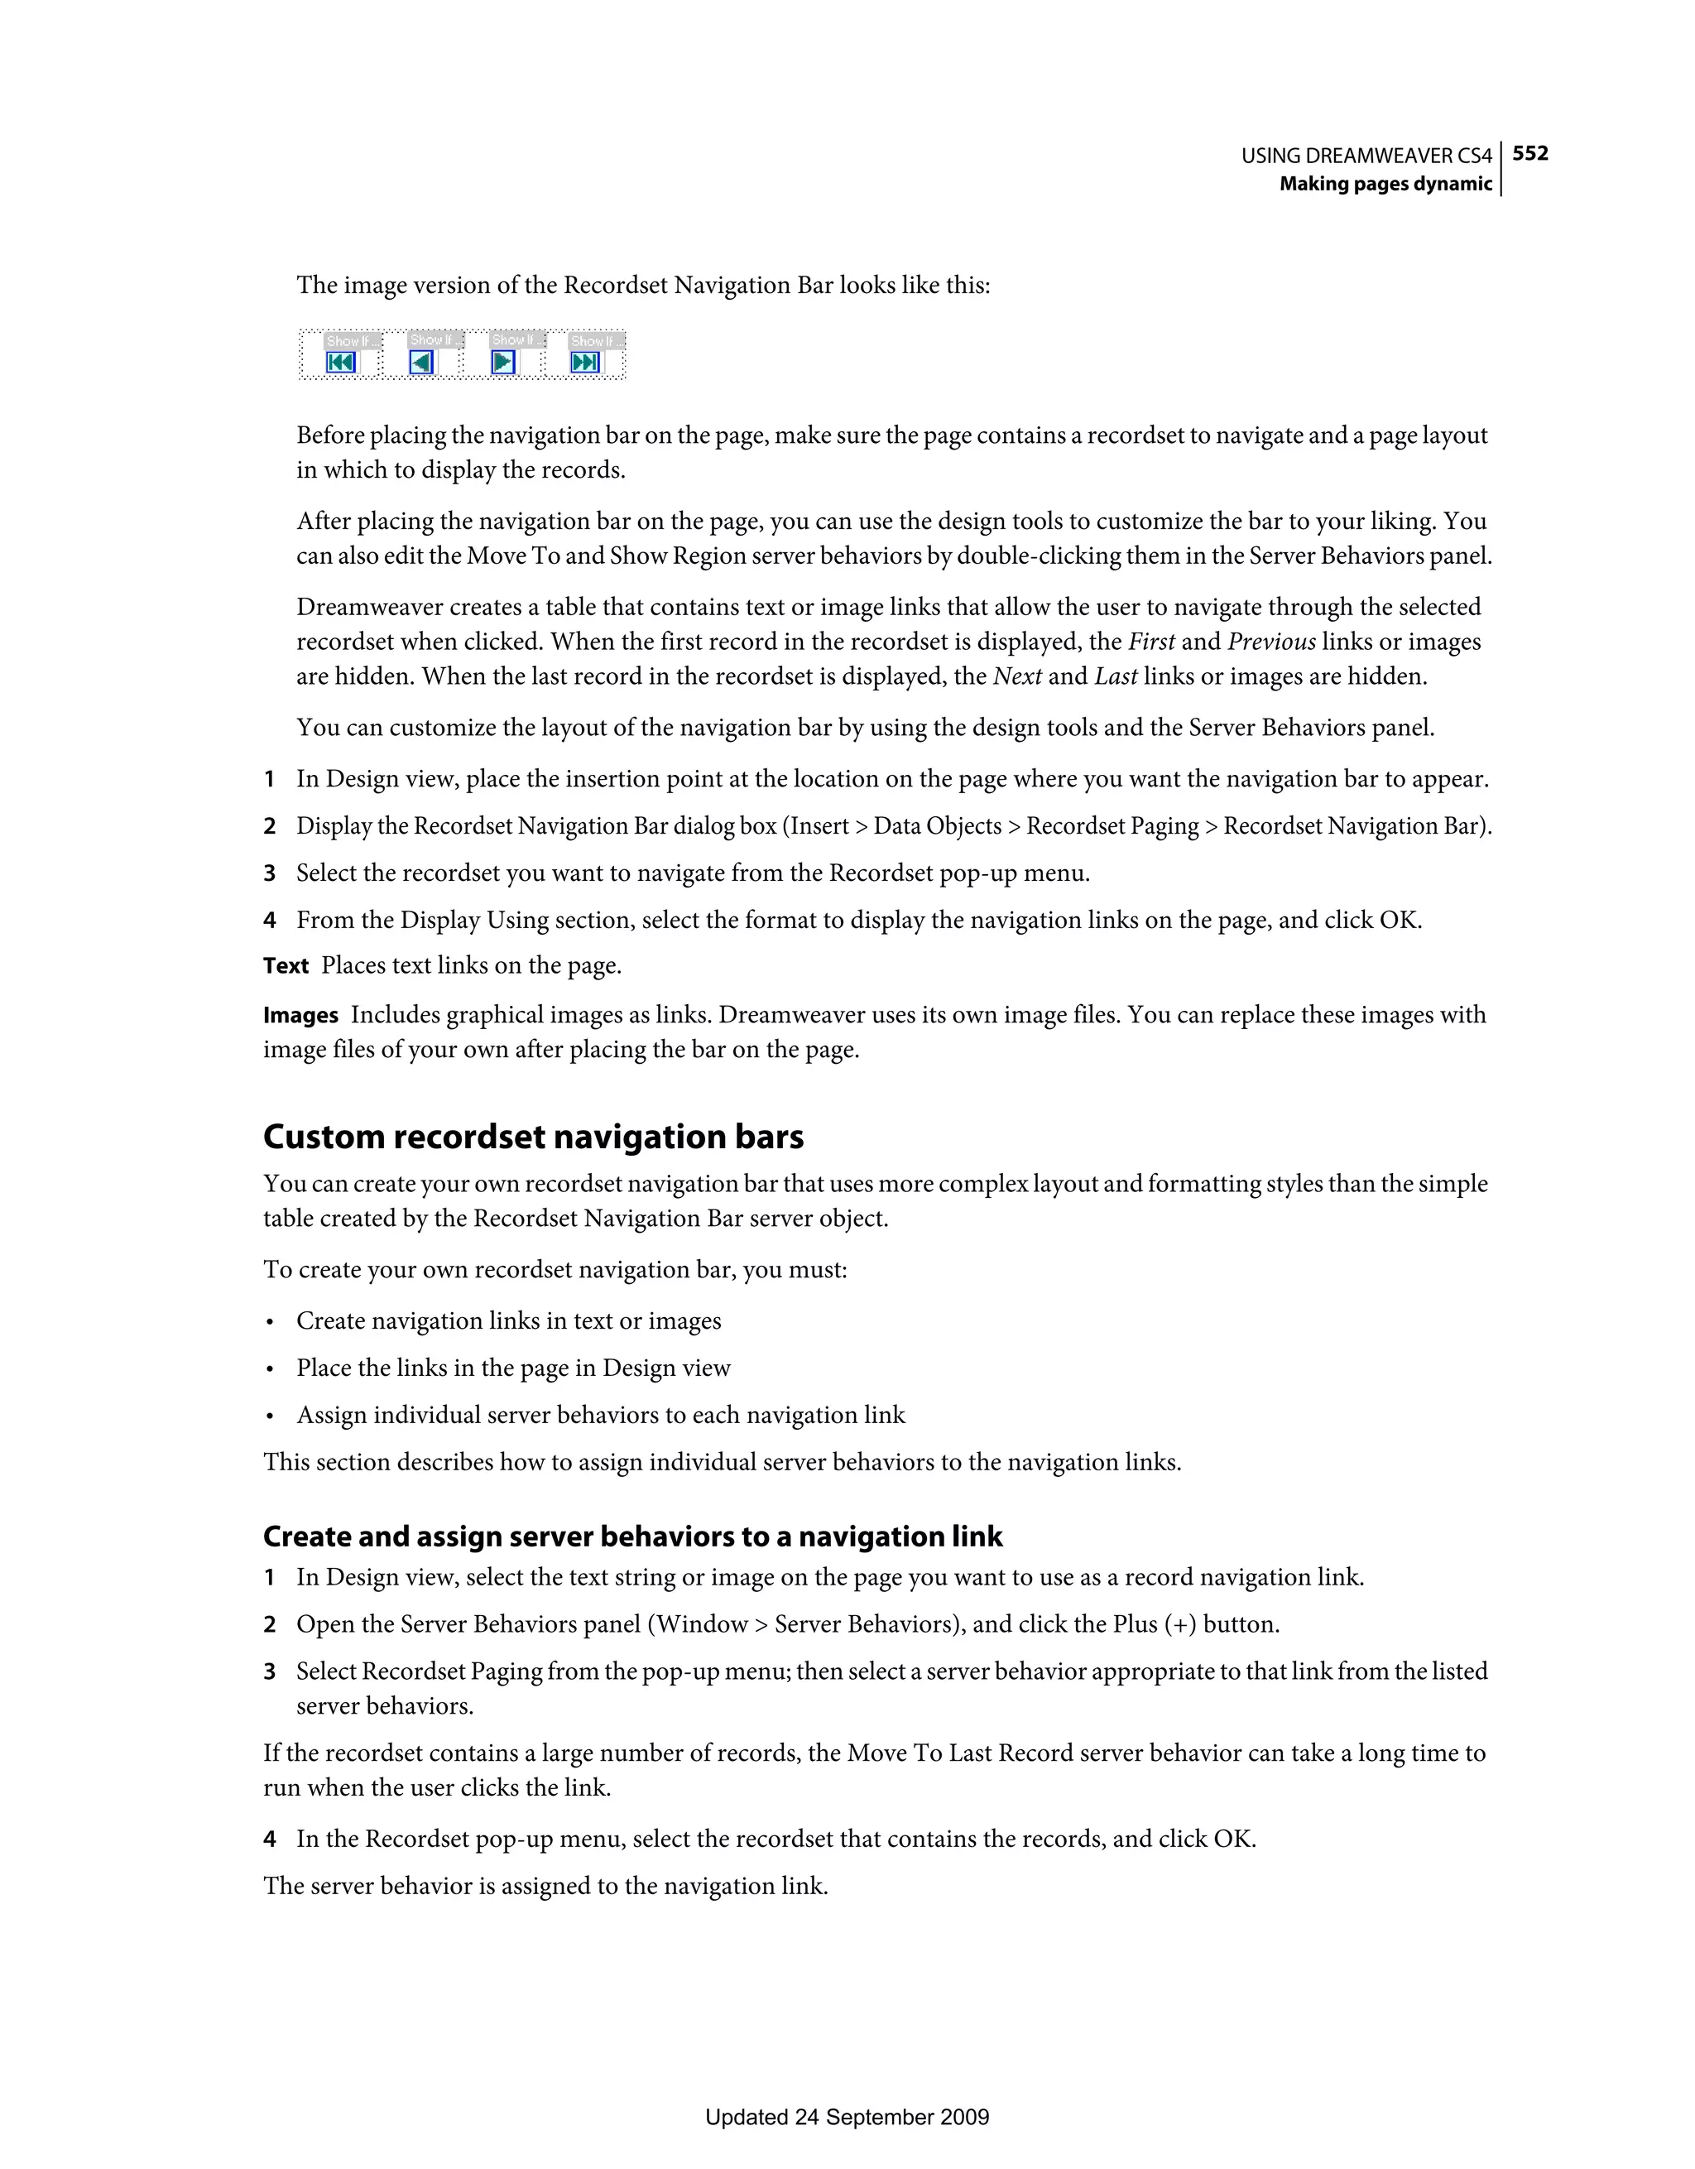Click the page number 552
(1530, 153)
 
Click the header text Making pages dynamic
(1385, 184)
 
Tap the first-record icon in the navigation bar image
(341, 363)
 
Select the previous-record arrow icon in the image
(422, 363)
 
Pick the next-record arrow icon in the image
(503, 363)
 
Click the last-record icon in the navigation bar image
(585, 363)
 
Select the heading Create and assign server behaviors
(632, 1537)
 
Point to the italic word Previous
(1271, 642)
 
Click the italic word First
(1151, 642)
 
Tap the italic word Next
(1017, 676)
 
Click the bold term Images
(301, 1015)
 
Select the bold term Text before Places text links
(286, 965)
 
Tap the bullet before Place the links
(269, 1369)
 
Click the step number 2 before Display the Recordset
(269, 826)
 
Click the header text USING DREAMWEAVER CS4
(1366, 156)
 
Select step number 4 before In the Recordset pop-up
(269, 1840)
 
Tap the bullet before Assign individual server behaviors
(269, 1416)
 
